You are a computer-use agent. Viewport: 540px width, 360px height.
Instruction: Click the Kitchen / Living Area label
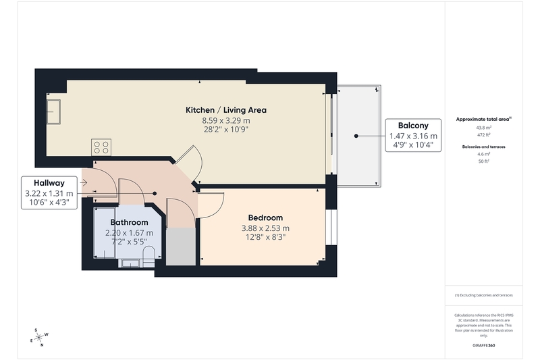(226, 110)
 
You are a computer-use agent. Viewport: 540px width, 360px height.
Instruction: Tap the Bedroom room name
(265, 217)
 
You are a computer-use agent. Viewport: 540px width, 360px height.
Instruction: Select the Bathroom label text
(129, 222)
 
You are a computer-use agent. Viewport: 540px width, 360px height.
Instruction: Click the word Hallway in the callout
(49, 183)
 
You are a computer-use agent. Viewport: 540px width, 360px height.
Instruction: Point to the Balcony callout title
(413, 126)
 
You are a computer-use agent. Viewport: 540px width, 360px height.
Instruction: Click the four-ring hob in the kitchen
(101, 147)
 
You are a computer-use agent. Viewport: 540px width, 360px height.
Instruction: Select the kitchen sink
(53, 111)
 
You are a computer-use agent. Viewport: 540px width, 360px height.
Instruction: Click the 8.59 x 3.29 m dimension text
(226, 121)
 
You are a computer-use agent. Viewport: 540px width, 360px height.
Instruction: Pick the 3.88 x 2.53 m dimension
(265, 228)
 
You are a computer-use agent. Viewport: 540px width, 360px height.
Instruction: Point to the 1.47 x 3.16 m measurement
(413, 136)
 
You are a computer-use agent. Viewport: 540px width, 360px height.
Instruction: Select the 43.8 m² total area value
(483, 128)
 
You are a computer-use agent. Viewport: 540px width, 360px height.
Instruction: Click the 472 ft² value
(483, 134)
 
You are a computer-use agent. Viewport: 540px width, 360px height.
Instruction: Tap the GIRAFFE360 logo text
(484, 345)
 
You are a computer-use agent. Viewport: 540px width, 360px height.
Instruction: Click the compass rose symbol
(39, 337)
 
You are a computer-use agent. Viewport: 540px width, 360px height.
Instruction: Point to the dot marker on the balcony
(356, 136)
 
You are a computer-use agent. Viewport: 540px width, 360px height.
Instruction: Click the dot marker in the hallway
(155, 194)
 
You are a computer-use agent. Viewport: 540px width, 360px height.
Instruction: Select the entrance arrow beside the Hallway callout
(84, 182)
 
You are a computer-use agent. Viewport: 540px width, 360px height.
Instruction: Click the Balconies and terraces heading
(483, 147)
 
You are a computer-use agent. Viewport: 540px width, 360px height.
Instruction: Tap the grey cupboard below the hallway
(181, 247)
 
